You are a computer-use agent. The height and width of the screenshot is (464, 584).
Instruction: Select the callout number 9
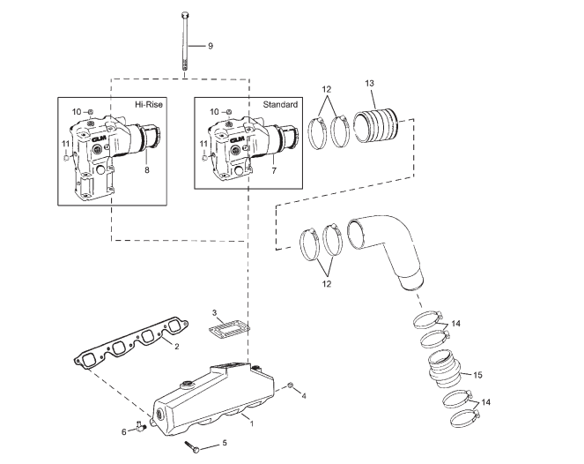point(210,45)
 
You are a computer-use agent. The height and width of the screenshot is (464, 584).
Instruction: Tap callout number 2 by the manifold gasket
point(176,346)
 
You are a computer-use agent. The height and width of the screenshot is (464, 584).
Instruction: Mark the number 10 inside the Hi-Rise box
point(77,111)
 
